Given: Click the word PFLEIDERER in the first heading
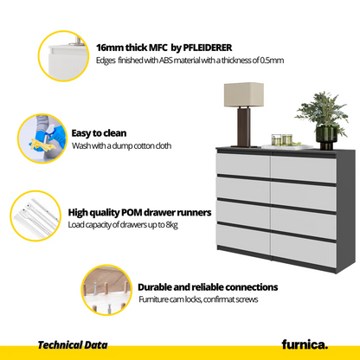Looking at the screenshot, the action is pos(208,48).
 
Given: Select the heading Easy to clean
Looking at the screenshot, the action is pos(99,133).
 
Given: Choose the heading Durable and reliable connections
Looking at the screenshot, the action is pos(208,287).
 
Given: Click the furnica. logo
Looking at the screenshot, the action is pos(305,344).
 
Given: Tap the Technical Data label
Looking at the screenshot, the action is pos(73,345).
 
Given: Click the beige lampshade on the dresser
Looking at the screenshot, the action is pos(244,94).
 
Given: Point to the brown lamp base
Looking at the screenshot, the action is pos(244,127).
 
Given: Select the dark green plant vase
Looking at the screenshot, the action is pos(326,138).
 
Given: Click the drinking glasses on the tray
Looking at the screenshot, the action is pos(282,140).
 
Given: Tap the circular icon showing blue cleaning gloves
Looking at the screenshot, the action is pos(42,138).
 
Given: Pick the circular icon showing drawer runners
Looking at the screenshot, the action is pos(35,215).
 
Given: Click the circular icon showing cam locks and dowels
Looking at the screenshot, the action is pos(106,290).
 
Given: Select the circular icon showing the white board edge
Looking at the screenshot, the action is pos(63,56).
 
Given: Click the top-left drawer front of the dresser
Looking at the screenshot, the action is pos(244,164).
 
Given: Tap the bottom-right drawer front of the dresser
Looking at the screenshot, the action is pos(304,250).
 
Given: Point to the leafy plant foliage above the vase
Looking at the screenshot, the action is pos(322,111).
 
